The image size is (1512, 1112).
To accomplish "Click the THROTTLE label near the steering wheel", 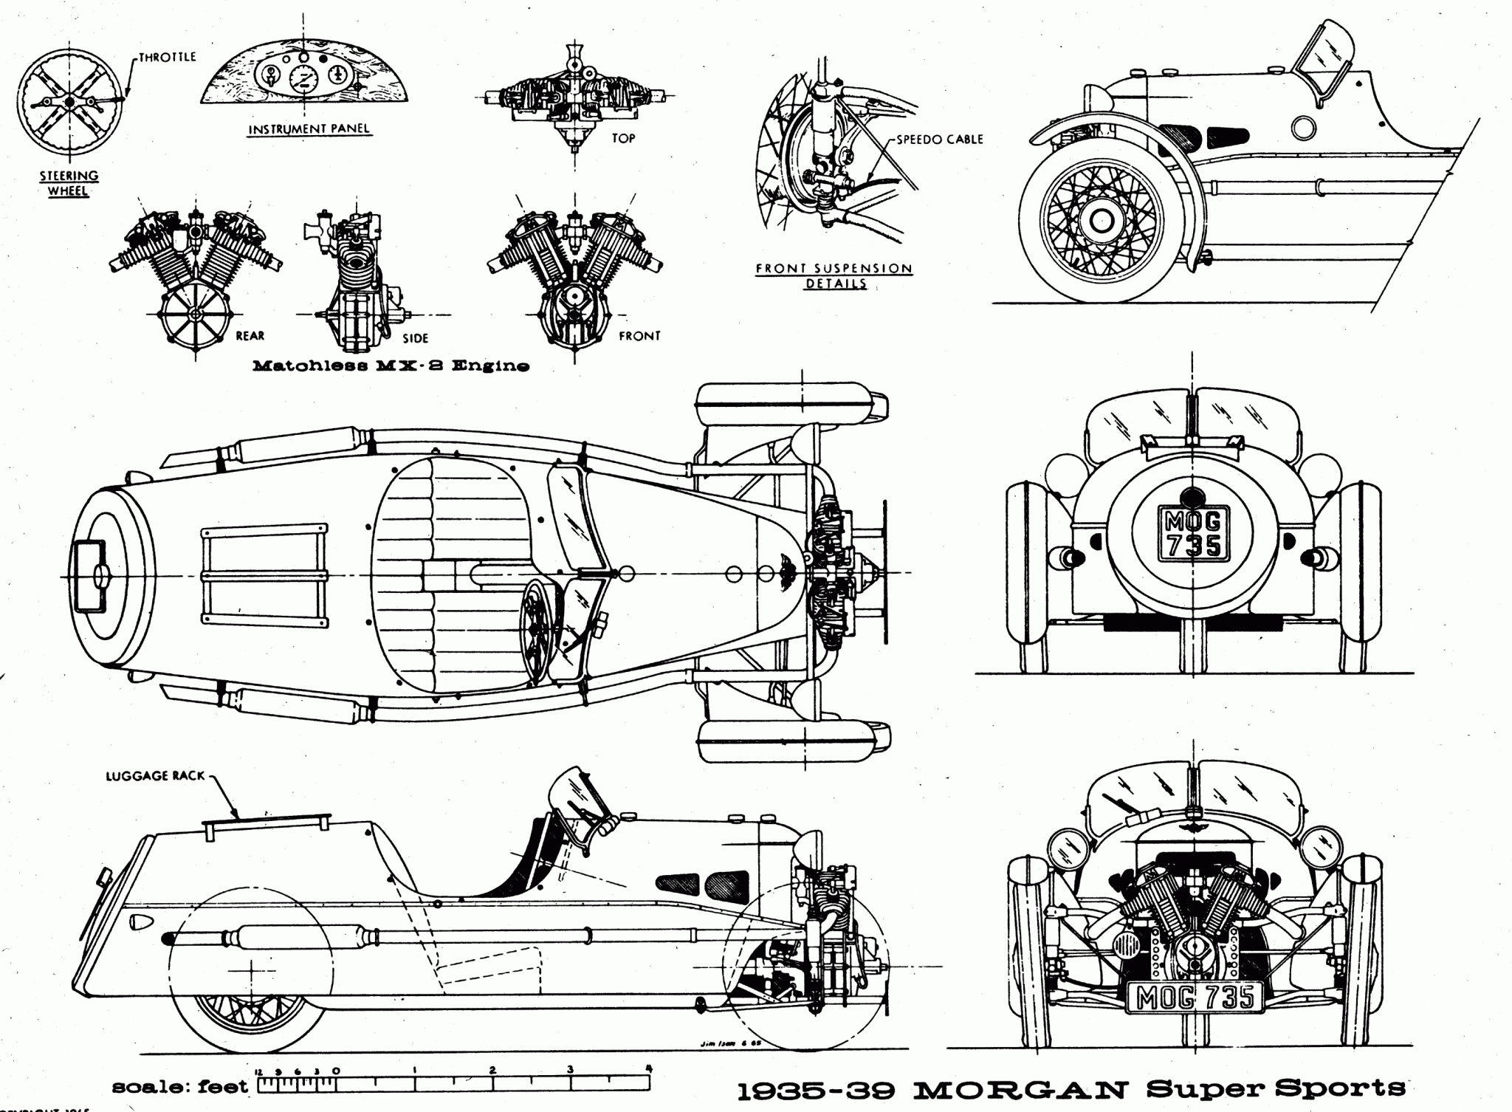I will click(168, 57).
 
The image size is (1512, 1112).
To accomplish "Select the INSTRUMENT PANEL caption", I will click(309, 129).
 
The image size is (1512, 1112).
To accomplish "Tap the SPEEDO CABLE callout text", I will click(939, 139).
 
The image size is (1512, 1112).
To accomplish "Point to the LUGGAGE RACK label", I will click(155, 776).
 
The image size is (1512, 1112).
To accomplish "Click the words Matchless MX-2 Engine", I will click(391, 365).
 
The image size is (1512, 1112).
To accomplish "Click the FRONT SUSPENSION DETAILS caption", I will click(834, 275).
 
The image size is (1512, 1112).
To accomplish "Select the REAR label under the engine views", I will click(250, 336).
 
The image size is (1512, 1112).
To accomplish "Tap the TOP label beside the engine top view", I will click(623, 138).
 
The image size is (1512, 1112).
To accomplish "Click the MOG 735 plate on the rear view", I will click(1193, 535).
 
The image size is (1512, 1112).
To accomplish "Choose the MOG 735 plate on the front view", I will click(1195, 998).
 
